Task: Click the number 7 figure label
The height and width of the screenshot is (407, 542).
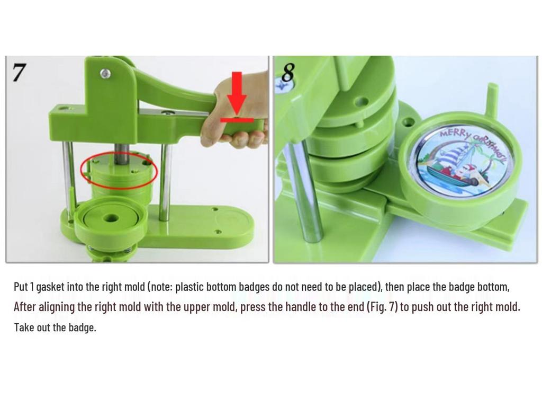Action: (x=19, y=73)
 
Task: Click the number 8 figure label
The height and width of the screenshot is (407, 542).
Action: (x=287, y=73)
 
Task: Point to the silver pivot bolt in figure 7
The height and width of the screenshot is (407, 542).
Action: (x=106, y=73)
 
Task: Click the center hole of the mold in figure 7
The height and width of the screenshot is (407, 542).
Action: (x=111, y=218)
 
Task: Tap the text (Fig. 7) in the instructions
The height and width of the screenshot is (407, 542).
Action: (x=382, y=307)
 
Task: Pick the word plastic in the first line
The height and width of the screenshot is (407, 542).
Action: (x=189, y=287)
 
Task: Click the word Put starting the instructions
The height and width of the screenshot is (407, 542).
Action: (x=21, y=287)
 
